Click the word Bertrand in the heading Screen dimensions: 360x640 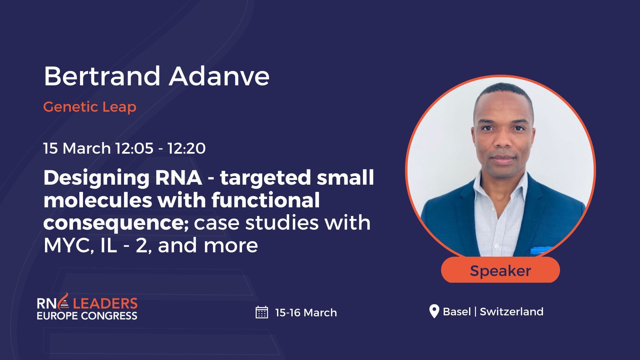pos(102,76)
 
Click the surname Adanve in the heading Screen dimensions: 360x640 pos(219,76)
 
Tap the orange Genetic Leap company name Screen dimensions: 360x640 pos(90,107)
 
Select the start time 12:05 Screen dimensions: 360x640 pos(134,148)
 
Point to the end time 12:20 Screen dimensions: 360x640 pos(186,148)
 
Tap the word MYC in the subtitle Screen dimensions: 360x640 pos(68,246)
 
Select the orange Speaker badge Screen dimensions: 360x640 pos(500,270)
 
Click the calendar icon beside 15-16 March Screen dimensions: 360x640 pos(262,312)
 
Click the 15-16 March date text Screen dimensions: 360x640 pos(306,313)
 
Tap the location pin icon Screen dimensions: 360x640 pos(434,311)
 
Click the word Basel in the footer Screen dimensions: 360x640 pos(457,312)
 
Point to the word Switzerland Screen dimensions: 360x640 pos(511,312)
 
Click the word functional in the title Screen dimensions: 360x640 pos(265,200)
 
